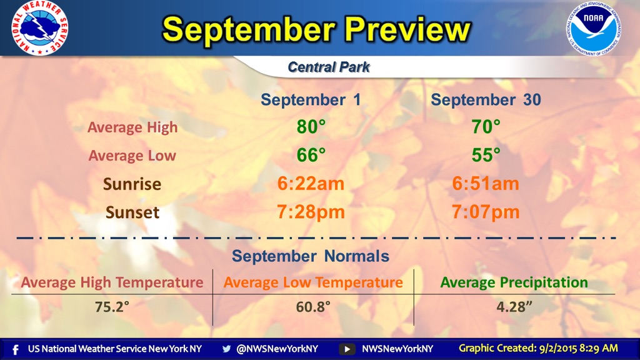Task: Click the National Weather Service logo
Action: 39,28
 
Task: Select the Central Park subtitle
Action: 328,67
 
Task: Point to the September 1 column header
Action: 311,100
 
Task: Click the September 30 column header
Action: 486,100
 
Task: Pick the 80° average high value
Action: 311,127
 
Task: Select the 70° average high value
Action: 486,127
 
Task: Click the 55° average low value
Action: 486,156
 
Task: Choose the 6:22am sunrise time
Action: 311,184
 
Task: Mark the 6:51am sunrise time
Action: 486,184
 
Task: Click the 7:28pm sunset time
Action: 311,212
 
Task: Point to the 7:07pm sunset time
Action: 486,212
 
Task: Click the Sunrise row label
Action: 132,184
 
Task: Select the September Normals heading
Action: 311,256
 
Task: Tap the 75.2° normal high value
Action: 113,307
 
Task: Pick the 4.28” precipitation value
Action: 514,307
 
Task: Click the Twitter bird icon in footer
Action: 226,349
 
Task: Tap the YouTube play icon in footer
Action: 346,349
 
